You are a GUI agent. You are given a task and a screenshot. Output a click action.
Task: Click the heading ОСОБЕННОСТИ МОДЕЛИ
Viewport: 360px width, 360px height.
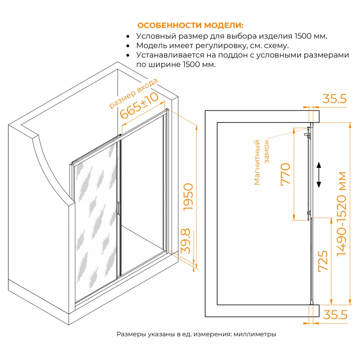190,25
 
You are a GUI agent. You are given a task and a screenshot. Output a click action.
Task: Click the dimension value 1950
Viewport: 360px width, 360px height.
187,197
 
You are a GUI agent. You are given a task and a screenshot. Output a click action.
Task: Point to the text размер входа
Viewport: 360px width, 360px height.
133,93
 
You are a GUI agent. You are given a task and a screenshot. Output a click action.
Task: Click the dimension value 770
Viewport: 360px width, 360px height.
285,174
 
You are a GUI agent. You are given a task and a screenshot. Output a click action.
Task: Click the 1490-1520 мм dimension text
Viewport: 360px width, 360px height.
342,214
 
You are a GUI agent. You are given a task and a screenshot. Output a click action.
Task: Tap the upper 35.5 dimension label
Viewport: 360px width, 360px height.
334,99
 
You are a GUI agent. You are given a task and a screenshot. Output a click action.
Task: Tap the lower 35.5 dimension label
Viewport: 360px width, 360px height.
334,315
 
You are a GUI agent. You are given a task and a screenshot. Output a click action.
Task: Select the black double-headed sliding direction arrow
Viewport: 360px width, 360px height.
319,175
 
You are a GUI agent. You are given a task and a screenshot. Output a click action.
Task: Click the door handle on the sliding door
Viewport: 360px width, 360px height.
118,209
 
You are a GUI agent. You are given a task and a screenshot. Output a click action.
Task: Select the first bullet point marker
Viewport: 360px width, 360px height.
128,36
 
